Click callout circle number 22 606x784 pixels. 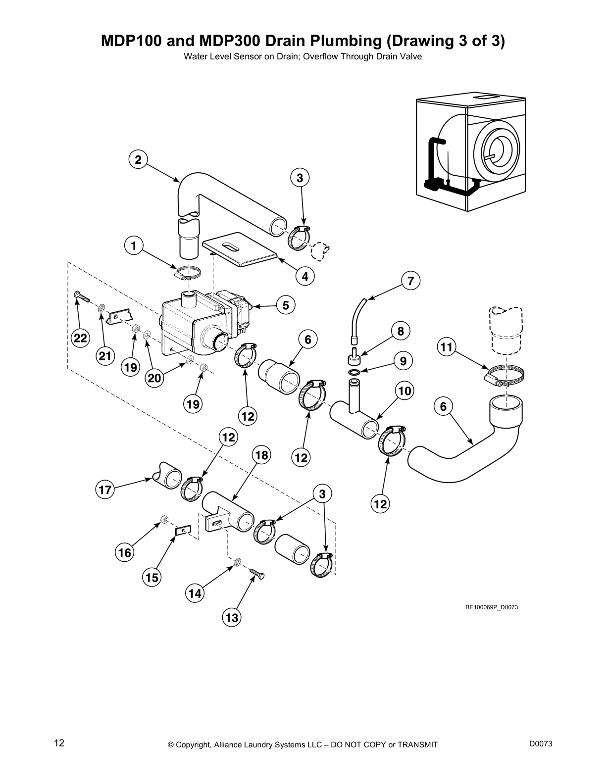coord(80,339)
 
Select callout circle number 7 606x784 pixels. coord(410,281)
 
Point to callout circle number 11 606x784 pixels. coord(447,347)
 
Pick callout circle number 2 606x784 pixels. coord(138,160)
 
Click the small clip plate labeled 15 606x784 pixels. coord(182,531)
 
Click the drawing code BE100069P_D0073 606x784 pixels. coord(491,607)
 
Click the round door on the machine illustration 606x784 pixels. coord(497,150)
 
